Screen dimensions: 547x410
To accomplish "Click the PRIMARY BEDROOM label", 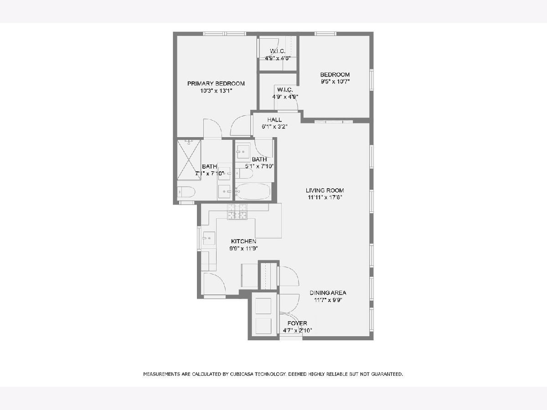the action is (216, 83).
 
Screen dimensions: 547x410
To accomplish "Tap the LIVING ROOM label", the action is (325, 190).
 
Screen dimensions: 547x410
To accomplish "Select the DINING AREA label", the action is (328, 293).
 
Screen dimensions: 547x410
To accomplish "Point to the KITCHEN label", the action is (243, 241).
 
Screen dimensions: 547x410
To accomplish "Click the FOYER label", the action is (297, 323).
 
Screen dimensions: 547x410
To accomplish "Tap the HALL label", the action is (274, 120).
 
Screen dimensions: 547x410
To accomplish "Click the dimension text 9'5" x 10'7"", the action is (335, 82).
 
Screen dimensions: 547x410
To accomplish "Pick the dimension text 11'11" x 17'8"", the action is (325, 198).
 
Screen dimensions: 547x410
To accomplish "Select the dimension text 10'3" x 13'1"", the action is (216, 91).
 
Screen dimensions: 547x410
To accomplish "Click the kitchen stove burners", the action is (237, 211).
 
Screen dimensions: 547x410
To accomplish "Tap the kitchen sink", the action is (208, 238).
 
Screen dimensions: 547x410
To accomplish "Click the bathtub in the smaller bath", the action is (253, 191).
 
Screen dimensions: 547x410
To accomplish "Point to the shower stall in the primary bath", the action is (189, 160).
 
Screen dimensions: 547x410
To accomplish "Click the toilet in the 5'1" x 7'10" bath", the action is (244, 173).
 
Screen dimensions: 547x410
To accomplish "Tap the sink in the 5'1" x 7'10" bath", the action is (243, 152).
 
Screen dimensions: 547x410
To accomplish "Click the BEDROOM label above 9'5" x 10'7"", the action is (335, 74).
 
